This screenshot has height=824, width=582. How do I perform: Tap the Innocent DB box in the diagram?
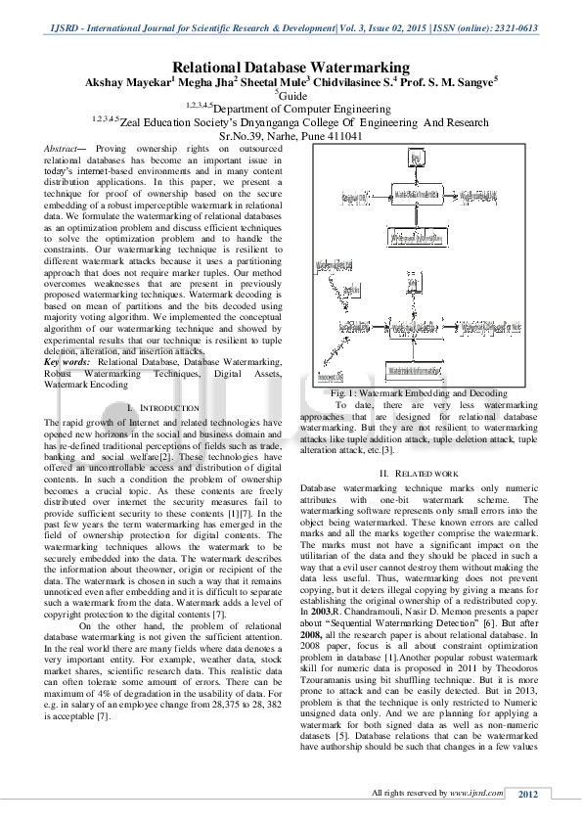[x=332, y=377]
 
